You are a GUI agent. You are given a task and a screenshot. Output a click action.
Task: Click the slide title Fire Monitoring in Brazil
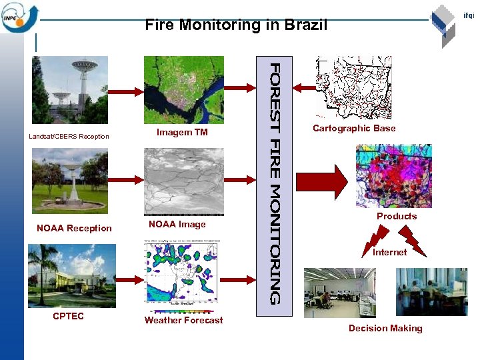pos(236,26)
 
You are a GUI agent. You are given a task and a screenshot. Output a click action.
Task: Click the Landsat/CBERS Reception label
pos(69,137)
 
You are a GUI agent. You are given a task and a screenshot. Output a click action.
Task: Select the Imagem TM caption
pos(182,132)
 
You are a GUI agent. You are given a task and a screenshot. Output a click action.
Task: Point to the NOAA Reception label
pos(74,228)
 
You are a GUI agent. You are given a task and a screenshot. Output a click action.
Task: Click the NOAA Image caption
pos(177,224)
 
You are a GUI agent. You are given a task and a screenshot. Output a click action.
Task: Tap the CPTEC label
pos(68,316)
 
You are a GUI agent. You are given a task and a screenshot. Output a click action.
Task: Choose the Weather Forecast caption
pos(183,320)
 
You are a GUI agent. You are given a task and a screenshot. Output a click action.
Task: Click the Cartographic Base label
pos(354,128)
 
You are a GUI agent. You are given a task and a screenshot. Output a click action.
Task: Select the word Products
pos(397,216)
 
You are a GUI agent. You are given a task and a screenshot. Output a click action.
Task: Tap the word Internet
pos(389,252)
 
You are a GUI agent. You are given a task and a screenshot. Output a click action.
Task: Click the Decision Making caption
pos(385,328)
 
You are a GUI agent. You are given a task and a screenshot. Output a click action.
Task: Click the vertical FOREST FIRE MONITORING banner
pos(275,183)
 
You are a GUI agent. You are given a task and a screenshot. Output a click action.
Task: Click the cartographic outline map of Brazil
pos(353,87)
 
